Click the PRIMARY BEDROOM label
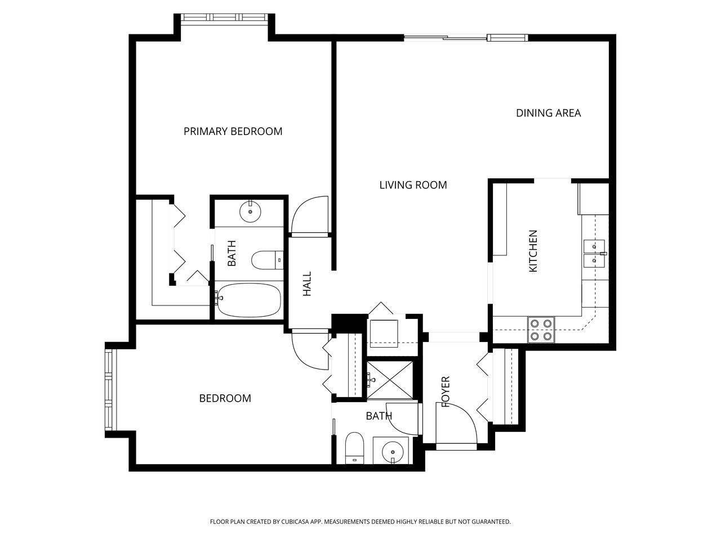[x=233, y=132]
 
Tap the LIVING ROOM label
[x=413, y=185]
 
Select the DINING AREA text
[x=548, y=113]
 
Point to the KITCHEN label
[x=533, y=251]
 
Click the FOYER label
[x=446, y=391]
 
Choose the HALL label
[x=307, y=284]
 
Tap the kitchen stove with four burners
[x=541, y=330]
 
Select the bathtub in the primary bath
[x=248, y=300]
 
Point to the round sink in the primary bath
[x=250, y=211]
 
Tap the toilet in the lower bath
[x=355, y=448]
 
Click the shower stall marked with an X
[x=390, y=381]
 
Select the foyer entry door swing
[x=457, y=424]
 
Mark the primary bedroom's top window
[x=224, y=17]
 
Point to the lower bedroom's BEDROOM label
[x=225, y=398]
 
